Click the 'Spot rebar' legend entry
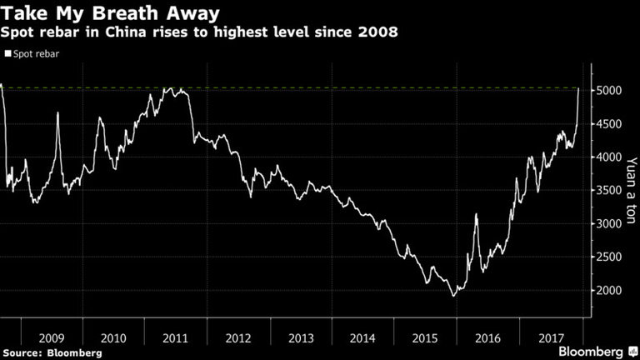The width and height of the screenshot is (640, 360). (35, 53)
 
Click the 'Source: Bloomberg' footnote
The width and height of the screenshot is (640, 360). (52, 352)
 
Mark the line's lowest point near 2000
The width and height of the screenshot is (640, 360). (453, 296)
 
